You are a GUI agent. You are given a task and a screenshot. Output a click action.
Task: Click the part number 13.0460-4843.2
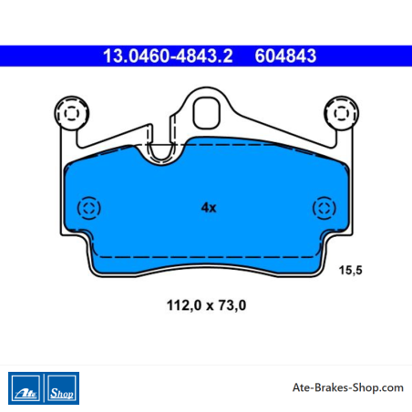pyautogui.click(x=168, y=56)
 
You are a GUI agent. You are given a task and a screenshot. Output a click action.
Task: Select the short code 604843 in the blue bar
pyautogui.click(x=285, y=56)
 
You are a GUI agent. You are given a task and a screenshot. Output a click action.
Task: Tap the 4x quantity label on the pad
pyautogui.click(x=209, y=208)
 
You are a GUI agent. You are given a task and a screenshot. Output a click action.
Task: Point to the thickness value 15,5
pyautogui.click(x=351, y=270)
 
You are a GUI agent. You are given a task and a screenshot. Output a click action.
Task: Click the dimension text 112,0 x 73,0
pyautogui.click(x=206, y=305)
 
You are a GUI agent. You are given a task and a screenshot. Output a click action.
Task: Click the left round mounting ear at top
pyautogui.click(x=72, y=113)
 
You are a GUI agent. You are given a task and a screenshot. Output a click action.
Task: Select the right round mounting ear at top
pyautogui.click(x=342, y=113)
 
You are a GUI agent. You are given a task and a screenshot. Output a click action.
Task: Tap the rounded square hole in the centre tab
pyautogui.click(x=207, y=113)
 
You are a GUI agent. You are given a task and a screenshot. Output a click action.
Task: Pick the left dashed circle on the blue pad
pyautogui.click(x=88, y=208)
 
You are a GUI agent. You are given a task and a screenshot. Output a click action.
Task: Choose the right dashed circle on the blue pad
pyautogui.click(x=324, y=208)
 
